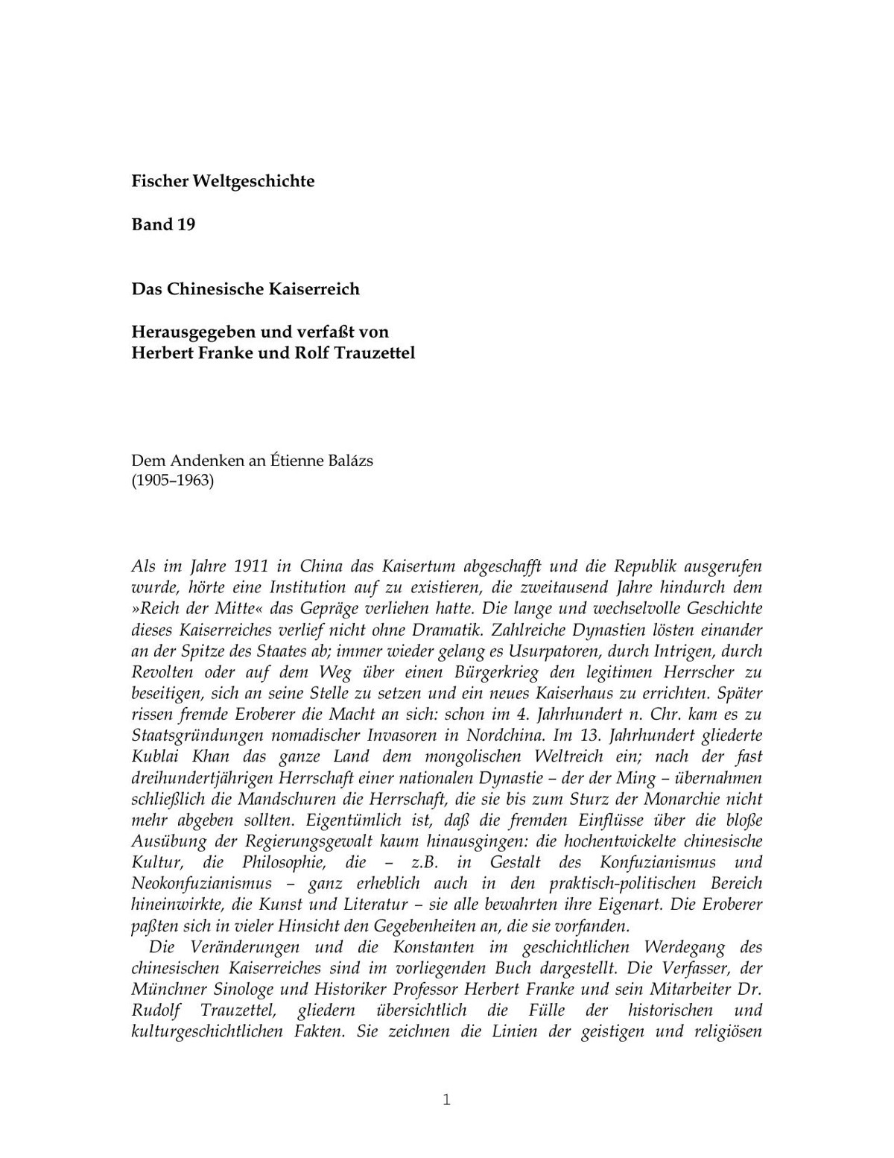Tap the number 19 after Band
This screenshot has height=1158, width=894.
[186, 224]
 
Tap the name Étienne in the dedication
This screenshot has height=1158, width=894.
[297, 460]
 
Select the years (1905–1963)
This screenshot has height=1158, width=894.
[173, 481]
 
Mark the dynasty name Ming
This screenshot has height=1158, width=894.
[634, 778]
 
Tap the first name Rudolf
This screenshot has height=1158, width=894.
[153, 1010]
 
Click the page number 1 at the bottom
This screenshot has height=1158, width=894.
[446, 1100]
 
